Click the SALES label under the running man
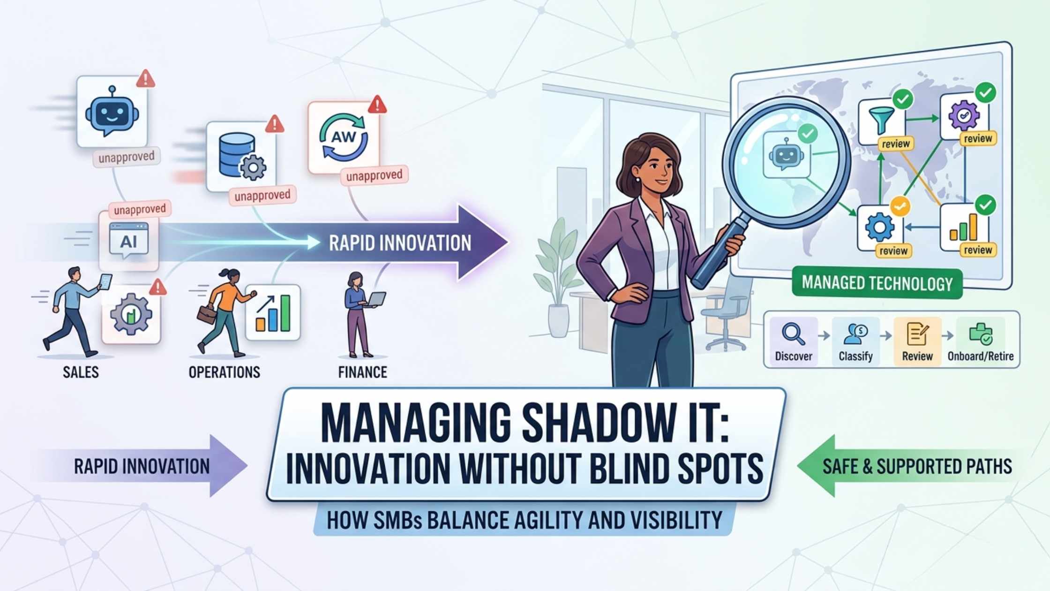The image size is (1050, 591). (x=81, y=372)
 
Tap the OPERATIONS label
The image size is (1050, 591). (x=224, y=372)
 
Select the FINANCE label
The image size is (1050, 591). (x=362, y=372)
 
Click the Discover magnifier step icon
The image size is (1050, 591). (x=793, y=334)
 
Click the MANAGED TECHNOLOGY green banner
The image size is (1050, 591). (x=877, y=283)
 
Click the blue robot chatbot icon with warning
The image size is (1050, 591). (x=112, y=113)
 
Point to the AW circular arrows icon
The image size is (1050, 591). (x=344, y=137)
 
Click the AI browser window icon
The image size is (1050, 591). (x=128, y=241)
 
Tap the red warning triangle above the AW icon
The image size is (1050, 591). (x=377, y=105)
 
